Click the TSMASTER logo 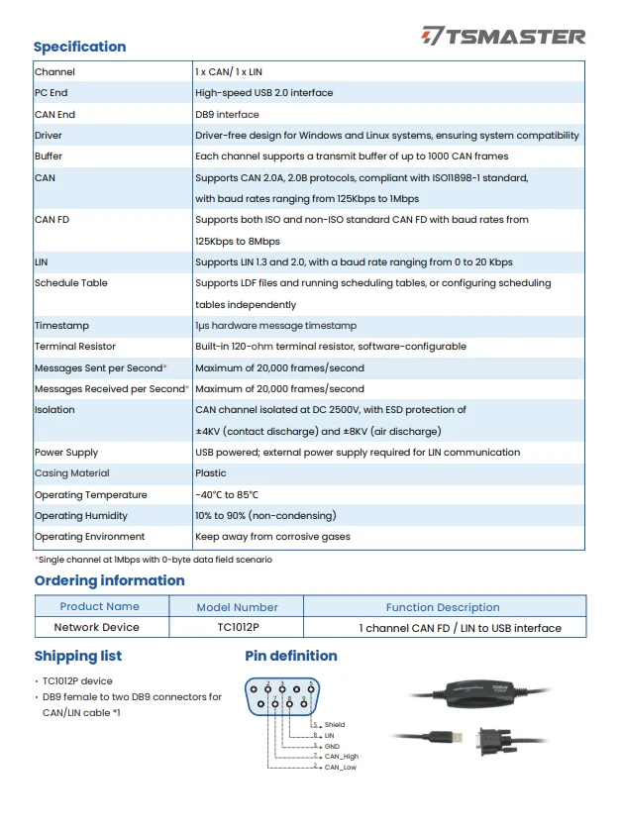(x=503, y=37)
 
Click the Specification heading (x=80, y=47)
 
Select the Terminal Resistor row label (x=75, y=347)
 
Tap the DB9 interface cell (x=227, y=115)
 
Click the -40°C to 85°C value (x=227, y=494)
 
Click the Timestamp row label (x=61, y=326)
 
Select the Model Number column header (x=237, y=607)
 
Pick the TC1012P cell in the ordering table (x=237, y=627)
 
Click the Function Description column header (x=443, y=607)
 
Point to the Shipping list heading (x=78, y=656)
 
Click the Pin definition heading (x=291, y=656)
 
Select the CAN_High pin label (x=342, y=756)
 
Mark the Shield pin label (x=335, y=725)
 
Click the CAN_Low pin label (x=340, y=767)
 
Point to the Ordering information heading (x=109, y=580)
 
